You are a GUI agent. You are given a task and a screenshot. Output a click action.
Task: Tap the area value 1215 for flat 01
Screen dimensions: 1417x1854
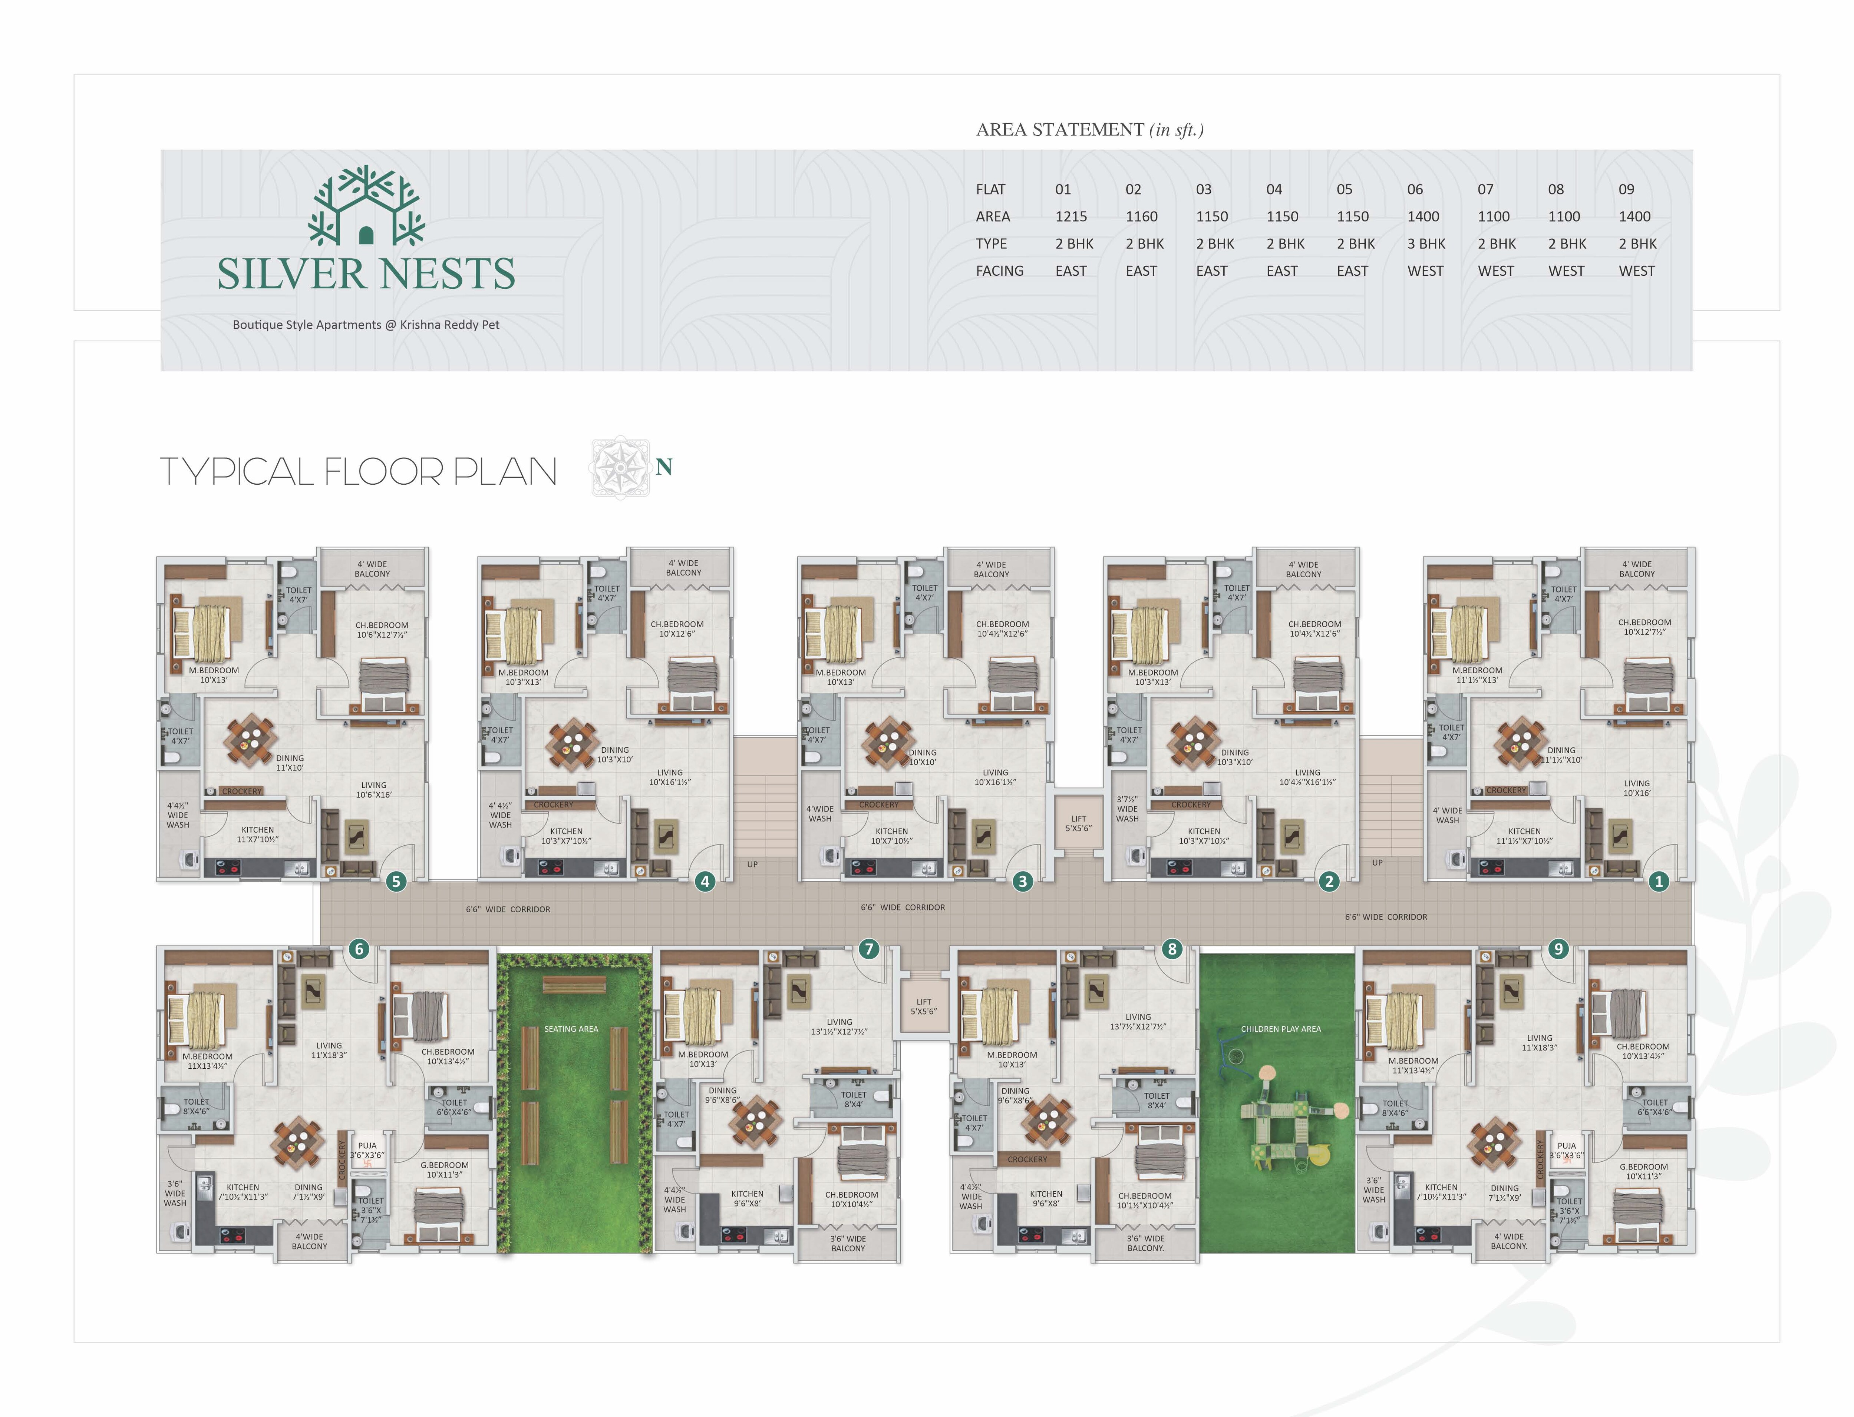[x=1071, y=217]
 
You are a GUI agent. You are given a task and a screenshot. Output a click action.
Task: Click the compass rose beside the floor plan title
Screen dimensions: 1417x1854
[x=620, y=467]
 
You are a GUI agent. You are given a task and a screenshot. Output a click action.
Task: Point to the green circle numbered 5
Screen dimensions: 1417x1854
[x=396, y=882]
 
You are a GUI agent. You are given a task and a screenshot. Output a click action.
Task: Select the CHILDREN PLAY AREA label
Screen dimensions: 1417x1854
[x=1280, y=1029]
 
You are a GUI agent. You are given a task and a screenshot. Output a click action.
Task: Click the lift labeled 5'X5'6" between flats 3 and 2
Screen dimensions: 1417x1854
[x=1079, y=823]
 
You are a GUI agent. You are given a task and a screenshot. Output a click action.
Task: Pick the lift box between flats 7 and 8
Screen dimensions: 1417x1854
[x=924, y=1006]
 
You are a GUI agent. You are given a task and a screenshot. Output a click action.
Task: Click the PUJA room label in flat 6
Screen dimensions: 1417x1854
[x=367, y=1151]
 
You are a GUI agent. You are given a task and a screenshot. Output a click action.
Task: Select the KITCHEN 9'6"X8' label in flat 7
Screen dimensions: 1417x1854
[x=747, y=1198]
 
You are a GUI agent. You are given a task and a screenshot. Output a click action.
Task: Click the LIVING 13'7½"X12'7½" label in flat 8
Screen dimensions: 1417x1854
[x=1138, y=1021]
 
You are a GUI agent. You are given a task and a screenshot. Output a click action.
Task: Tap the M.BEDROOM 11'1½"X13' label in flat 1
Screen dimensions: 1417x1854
[x=1477, y=675]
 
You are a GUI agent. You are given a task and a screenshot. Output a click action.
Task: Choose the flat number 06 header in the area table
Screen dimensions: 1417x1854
[x=1415, y=190]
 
